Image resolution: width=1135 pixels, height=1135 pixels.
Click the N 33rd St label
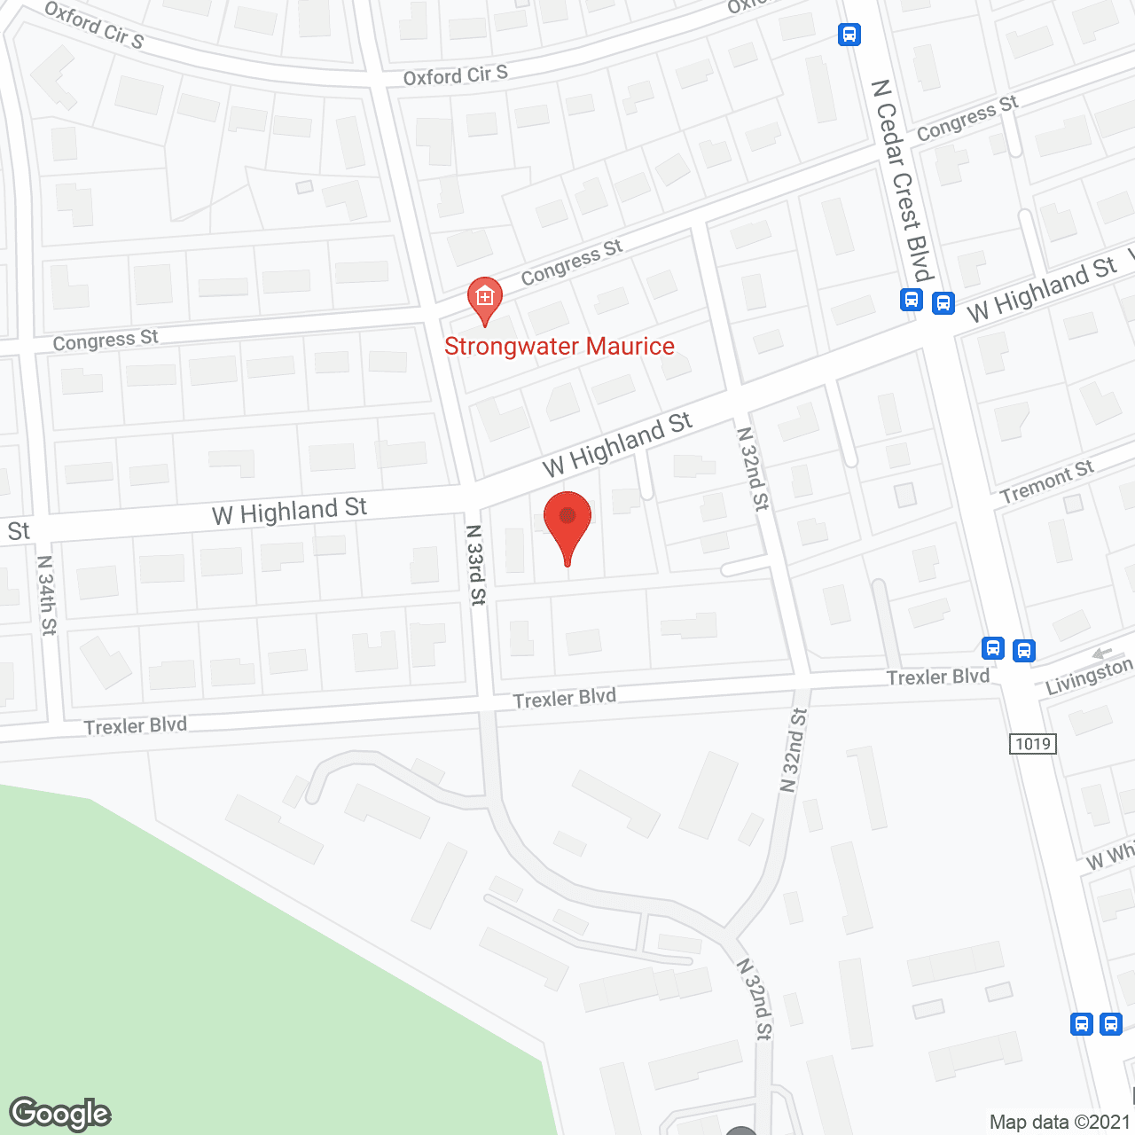pos(476,565)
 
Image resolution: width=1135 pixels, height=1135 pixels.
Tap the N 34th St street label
pos(46,595)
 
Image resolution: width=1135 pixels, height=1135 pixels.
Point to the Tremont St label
pos(1046,481)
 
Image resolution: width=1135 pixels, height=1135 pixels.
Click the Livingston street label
pos(1089,677)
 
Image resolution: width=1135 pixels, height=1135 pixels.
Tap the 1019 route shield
pos(1033,744)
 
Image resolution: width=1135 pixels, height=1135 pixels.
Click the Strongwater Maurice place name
pos(559,347)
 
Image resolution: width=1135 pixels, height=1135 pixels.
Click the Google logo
pos(60,1114)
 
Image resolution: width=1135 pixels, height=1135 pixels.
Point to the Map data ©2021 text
pos(1060,1122)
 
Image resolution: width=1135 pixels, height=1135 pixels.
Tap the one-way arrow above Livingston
pos(1101,654)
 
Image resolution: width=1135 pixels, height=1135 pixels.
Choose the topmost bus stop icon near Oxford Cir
pos(849,35)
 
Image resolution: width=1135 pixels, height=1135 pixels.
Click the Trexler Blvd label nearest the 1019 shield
pos(938,677)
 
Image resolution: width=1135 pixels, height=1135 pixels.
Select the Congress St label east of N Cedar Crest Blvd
pos(967,118)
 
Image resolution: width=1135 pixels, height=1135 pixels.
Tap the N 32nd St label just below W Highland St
pos(753,468)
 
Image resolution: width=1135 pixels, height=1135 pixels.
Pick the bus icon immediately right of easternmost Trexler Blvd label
pos(993,649)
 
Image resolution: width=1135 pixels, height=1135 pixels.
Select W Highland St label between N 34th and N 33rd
pos(289,512)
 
